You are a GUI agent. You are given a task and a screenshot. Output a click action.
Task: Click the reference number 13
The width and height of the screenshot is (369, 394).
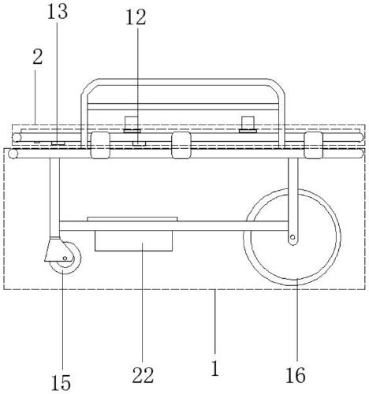[x=58, y=13]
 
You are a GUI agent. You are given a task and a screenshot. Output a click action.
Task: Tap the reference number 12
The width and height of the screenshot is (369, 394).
[x=136, y=18]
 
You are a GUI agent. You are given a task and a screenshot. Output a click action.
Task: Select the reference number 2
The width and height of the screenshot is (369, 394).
[x=38, y=57]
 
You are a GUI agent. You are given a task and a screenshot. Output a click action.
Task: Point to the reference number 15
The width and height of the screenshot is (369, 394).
[x=61, y=382]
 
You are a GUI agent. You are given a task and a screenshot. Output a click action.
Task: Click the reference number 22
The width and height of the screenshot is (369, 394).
[x=143, y=375]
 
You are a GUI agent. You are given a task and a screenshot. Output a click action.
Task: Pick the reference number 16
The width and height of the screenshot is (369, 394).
[x=296, y=375]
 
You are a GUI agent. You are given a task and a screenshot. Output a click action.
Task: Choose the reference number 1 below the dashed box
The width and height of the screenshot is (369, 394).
[x=215, y=368]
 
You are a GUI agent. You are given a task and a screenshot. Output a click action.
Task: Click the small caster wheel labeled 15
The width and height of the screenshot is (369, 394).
[x=65, y=258]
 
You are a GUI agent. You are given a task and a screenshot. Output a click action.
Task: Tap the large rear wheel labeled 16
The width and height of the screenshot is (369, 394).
[x=293, y=237]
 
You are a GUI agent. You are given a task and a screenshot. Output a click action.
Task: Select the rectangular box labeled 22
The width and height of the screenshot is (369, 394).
[x=133, y=241]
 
